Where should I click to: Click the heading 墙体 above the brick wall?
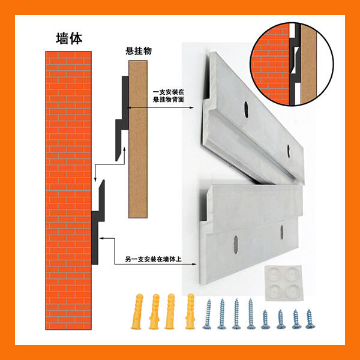pyautogui.click(x=69, y=38)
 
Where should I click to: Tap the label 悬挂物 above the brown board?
pyautogui.click(x=139, y=51)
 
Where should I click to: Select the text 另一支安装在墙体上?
pyautogui.click(x=154, y=259)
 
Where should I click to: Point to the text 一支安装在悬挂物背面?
pyautogui.click(x=169, y=96)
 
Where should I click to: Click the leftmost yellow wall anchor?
pyautogui.click(x=137, y=311)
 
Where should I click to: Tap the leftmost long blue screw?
pyautogui.click(x=208, y=314)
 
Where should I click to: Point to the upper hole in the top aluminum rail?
pyautogui.click(x=247, y=110)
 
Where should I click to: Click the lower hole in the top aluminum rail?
pyautogui.click(x=289, y=151)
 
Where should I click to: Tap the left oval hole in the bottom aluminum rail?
pyautogui.click(x=236, y=245)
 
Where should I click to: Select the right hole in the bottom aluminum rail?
pyautogui.click(x=282, y=232)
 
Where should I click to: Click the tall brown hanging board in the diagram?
pyautogui.click(x=138, y=139)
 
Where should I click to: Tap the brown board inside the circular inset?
pyautogui.click(x=308, y=64)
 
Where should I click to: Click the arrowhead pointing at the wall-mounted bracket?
pyautogui.click(x=101, y=238)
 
